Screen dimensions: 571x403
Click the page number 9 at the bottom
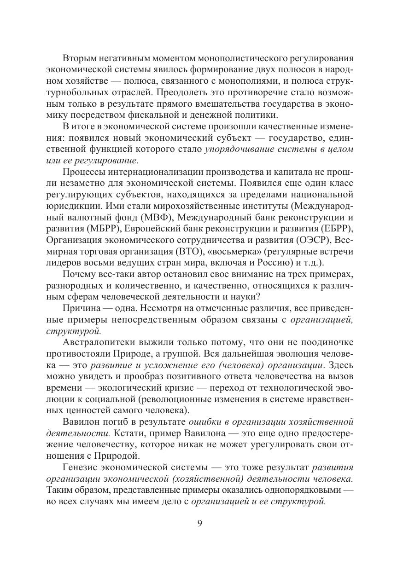click(200, 524)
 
